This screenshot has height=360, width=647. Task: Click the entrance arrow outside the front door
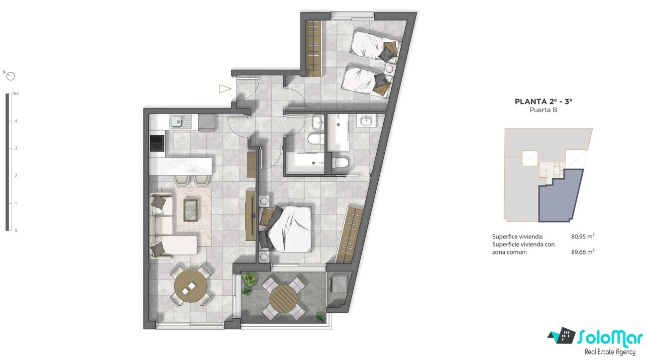[x=225, y=89]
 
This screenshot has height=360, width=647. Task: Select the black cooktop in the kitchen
[x=157, y=143]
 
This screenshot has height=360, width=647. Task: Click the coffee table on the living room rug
[x=191, y=210]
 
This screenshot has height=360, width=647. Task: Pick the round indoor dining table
[x=191, y=286]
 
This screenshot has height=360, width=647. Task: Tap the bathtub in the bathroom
[x=305, y=163]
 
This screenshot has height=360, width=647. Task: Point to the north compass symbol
[x=10, y=76]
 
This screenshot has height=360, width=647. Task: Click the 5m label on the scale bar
[x=16, y=94]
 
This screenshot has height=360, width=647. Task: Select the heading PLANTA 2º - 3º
[x=543, y=102]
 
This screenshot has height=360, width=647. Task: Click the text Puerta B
[x=543, y=110]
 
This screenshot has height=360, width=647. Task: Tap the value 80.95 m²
[x=583, y=237]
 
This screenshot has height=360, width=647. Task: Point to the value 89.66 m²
[x=583, y=252]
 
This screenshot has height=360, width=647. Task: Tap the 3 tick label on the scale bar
[x=16, y=148]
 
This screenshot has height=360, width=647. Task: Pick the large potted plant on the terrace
[x=249, y=279]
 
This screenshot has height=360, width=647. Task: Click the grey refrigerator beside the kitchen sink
[x=207, y=122]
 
